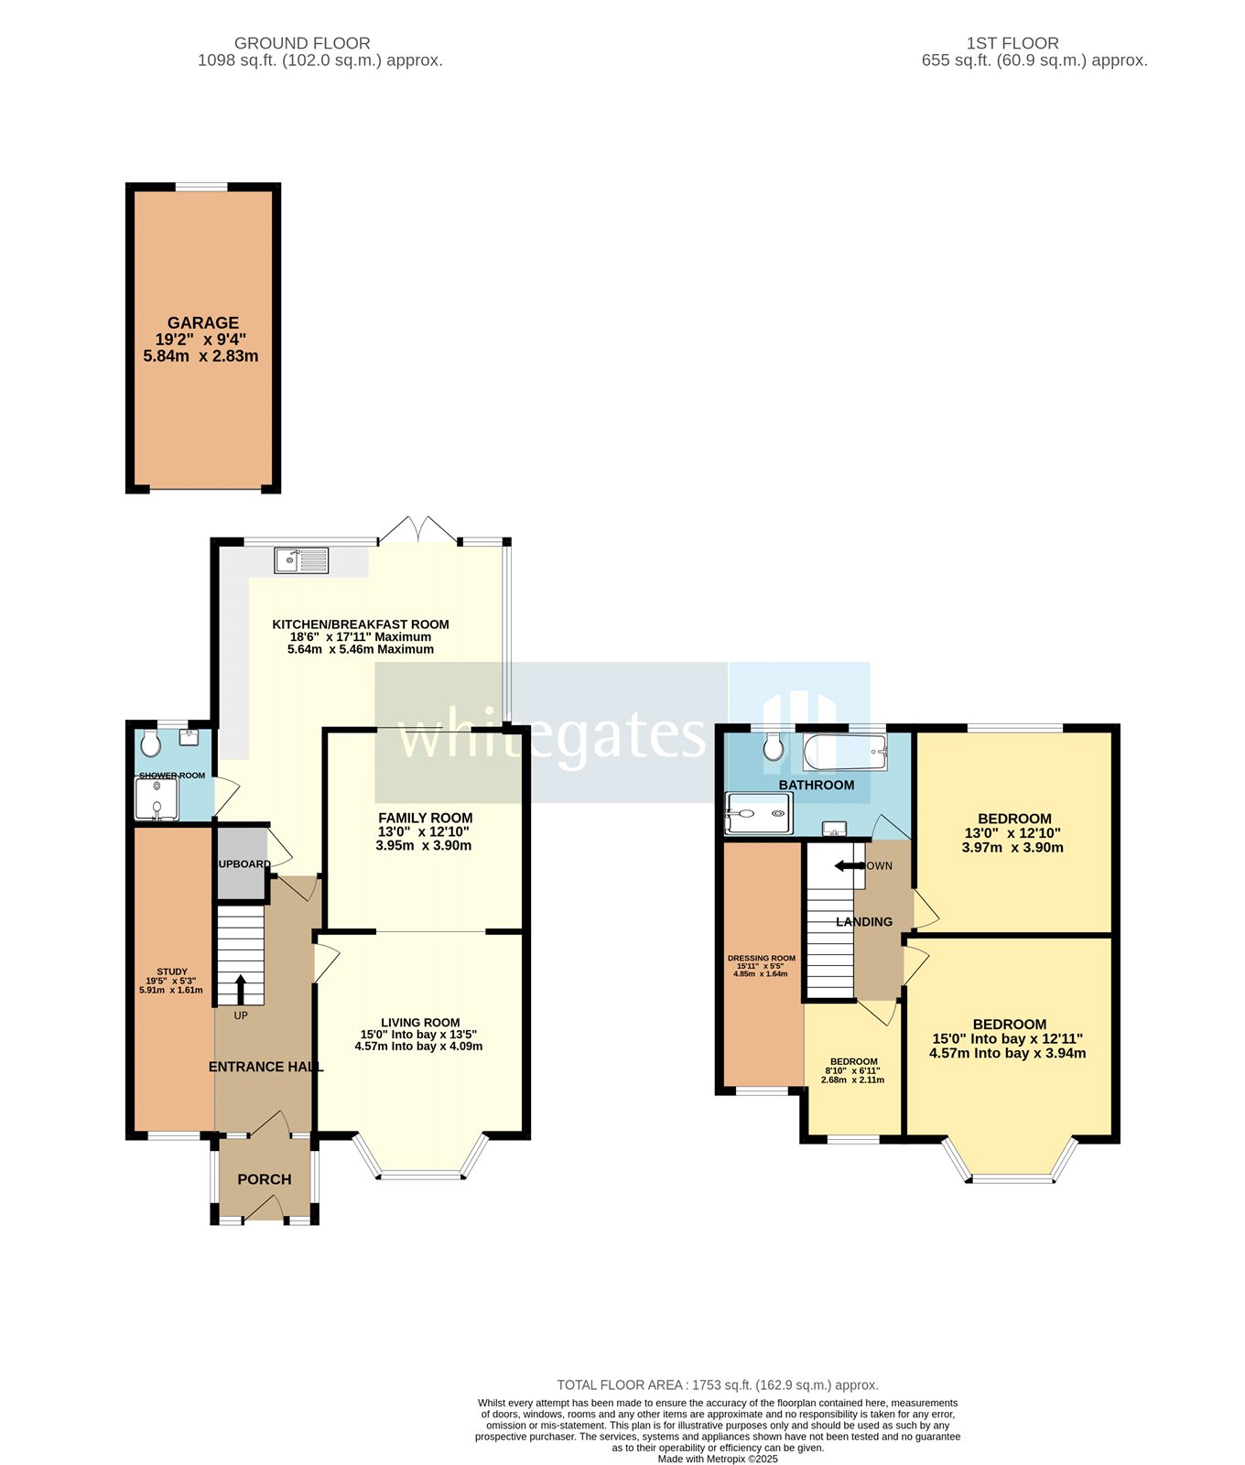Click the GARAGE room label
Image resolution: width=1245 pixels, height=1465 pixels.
coord(202,322)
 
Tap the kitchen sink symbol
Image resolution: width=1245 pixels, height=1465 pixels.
coord(301,560)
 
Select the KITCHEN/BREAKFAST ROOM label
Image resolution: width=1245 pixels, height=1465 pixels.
coord(360,624)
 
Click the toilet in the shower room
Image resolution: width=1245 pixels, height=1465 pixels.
coord(150,743)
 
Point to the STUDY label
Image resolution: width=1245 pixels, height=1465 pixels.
coord(171,971)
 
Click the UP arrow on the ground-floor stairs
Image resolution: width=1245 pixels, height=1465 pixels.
coord(241,989)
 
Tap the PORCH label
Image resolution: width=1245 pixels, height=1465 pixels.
coord(265,1179)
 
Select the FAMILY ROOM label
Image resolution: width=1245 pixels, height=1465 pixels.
coord(425,818)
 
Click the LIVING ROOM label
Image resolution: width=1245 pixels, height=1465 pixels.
coord(420,1022)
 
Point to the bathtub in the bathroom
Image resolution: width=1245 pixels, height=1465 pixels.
coord(844,753)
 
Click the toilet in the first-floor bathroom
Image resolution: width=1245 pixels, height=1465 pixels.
coord(774,746)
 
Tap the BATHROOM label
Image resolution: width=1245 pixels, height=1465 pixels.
coord(816,785)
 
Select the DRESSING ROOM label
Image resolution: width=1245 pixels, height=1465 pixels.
coord(762,958)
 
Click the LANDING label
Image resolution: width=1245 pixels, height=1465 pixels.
coord(863,922)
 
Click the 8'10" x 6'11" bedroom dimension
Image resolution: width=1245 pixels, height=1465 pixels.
coord(852,1070)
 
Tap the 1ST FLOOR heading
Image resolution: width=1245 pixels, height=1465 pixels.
coord(1012,43)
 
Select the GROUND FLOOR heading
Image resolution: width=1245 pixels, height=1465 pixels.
coord(302,43)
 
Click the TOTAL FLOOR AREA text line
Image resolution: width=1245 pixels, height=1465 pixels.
coord(718,1385)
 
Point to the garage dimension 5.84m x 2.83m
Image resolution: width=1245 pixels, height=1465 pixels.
coord(200,356)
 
